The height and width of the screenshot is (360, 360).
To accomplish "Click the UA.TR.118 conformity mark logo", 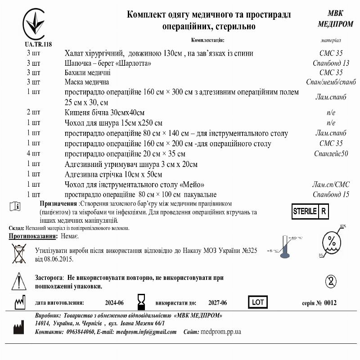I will pyautogui.click(x=38, y=25).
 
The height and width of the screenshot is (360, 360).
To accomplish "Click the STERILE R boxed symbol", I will pyautogui.click(x=310, y=211).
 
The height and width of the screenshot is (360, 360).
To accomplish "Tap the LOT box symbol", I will pyautogui.click(x=258, y=302).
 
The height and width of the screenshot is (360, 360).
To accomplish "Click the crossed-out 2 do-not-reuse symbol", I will pyautogui.click(x=331, y=282).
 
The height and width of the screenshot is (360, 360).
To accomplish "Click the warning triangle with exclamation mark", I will pyautogui.click(x=19, y=281).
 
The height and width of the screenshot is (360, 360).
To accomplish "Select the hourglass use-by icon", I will pyautogui.click(x=142, y=301).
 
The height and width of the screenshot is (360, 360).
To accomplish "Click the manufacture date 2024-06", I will pyautogui.click(x=114, y=303).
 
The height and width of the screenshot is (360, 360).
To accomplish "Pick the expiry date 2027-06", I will pyautogui.click(x=217, y=303).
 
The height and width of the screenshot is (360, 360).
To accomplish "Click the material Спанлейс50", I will pyautogui.click(x=331, y=154).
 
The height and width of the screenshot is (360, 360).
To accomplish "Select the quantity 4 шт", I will pyautogui.click(x=33, y=154).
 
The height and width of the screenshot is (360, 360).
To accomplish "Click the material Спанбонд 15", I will pyautogui.click(x=331, y=194).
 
